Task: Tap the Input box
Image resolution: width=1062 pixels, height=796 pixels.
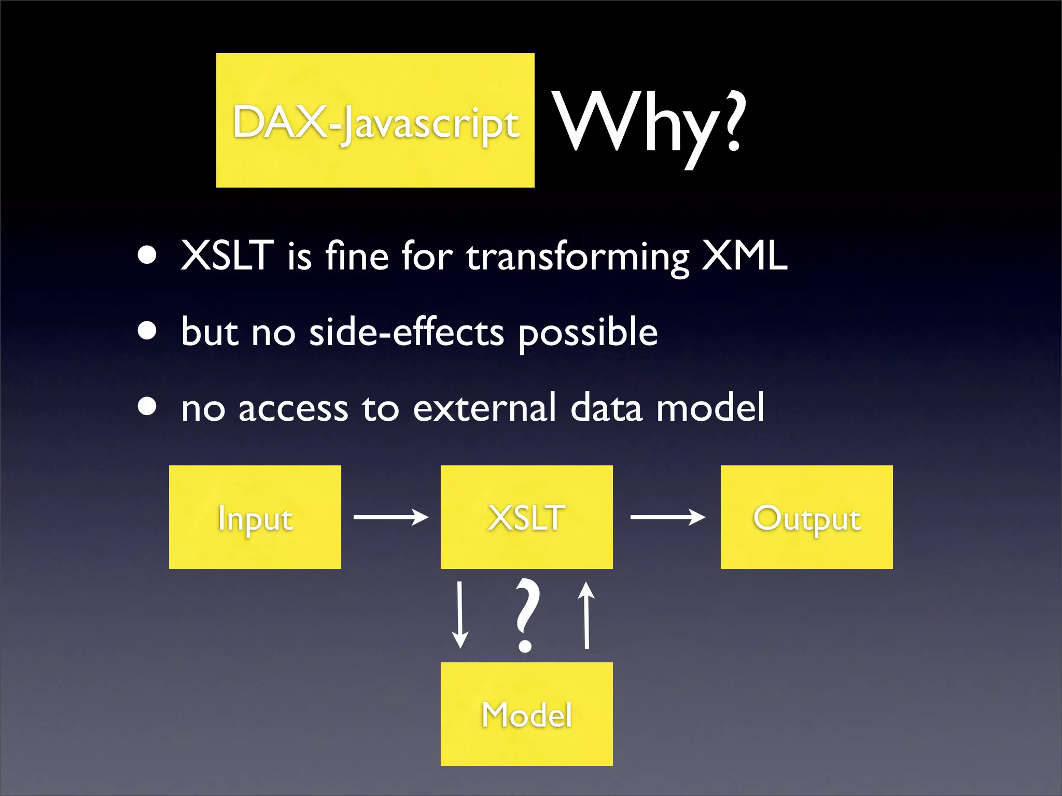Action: click(x=255, y=517)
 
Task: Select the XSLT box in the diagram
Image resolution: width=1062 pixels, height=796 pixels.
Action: click(x=526, y=517)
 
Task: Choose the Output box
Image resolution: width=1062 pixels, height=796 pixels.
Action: click(x=806, y=517)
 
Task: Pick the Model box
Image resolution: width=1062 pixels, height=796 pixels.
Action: click(x=526, y=714)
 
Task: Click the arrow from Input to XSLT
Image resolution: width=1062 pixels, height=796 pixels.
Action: click(x=391, y=517)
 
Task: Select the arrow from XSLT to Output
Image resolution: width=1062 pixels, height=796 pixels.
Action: click(x=667, y=517)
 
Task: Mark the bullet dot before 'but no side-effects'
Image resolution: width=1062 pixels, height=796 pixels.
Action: click(x=148, y=331)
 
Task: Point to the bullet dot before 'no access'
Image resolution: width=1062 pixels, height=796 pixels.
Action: click(x=148, y=407)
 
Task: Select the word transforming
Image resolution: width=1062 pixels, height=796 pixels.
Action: click(x=578, y=258)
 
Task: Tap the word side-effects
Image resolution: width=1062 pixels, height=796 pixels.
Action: click(x=407, y=332)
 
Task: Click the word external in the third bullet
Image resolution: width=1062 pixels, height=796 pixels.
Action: click(x=484, y=408)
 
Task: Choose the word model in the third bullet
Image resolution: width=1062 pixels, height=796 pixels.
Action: click(x=710, y=408)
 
